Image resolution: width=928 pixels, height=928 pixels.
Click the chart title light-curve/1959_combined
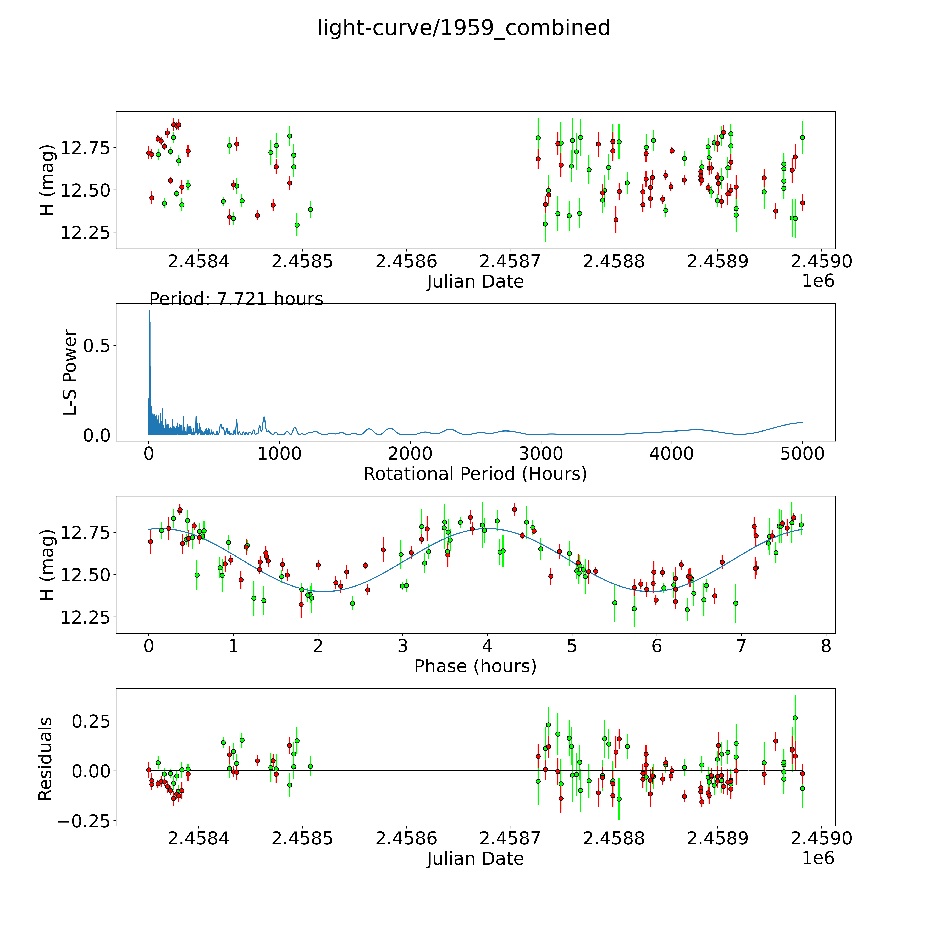(463, 28)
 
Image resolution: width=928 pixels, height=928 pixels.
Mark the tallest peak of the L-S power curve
(149, 311)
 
